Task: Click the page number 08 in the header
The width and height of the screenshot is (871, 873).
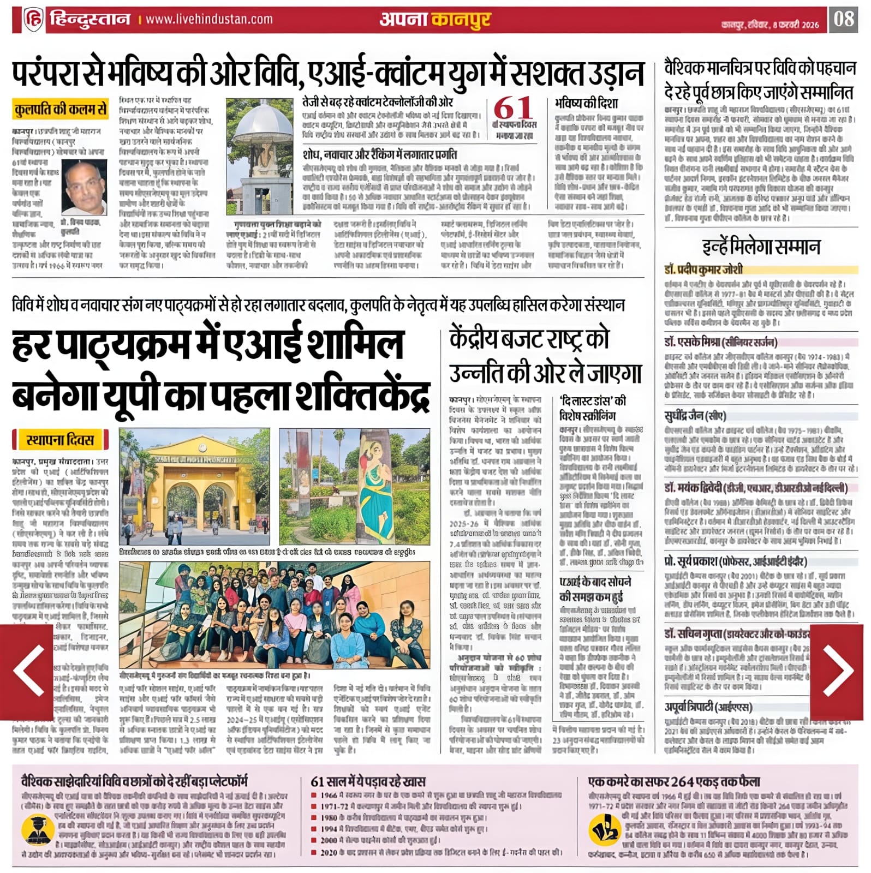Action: [843, 19]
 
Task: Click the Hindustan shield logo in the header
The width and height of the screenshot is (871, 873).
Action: [33, 20]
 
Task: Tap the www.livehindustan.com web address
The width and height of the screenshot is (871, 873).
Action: [209, 20]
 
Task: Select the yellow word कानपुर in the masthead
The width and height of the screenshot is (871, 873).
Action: [461, 20]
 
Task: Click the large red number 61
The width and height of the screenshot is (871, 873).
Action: [513, 108]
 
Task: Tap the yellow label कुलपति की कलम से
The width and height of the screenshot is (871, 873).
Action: [61, 110]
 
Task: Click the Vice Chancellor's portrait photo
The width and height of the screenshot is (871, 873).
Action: [84, 187]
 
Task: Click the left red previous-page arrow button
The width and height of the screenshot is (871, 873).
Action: [27, 672]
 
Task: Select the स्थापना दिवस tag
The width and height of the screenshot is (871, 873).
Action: [60, 440]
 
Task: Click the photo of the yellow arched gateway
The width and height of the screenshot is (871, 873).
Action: [194, 486]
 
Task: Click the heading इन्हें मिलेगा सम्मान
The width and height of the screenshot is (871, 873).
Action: [761, 247]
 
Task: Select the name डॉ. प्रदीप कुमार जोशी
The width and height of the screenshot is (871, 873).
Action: [703, 270]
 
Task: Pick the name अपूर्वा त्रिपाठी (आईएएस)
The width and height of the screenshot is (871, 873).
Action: [708, 707]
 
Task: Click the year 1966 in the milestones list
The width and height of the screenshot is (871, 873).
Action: [328, 796]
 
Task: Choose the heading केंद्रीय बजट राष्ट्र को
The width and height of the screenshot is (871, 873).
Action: [529, 339]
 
